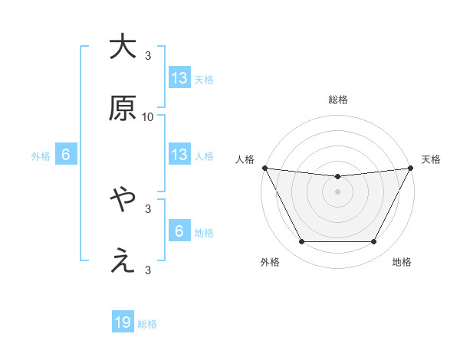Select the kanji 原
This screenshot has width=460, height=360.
(x=122, y=110)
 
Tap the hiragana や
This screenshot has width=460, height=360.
(x=122, y=201)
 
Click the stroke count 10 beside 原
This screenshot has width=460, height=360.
(x=148, y=117)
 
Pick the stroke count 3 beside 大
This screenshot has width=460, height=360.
(x=148, y=55)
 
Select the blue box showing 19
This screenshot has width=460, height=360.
(x=123, y=323)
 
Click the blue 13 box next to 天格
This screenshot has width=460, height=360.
(x=179, y=78)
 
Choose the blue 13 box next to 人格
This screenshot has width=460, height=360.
(x=179, y=155)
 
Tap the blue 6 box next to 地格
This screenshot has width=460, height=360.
(x=179, y=232)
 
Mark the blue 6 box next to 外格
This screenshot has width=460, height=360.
(x=66, y=155)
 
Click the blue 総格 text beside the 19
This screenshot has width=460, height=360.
(x=147, y=324)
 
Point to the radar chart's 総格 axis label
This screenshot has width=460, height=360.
(x=338, y=100)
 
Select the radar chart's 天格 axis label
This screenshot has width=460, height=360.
(x=432, y=159)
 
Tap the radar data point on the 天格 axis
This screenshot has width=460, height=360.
(x=411, y=168)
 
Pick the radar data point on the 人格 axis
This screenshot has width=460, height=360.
(x=264, y=168)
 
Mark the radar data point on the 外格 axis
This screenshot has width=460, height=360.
(x=301, y=242)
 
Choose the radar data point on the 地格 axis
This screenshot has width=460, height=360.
(x=374, y=242)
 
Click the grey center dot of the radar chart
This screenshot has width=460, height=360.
(x=338, y=191)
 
